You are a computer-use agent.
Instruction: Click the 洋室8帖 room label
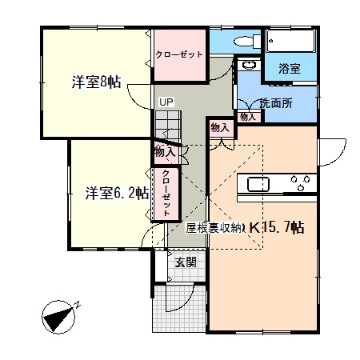point(96,82)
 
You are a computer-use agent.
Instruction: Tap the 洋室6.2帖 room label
point(117,193)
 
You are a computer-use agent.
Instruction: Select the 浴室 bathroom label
point(290,69)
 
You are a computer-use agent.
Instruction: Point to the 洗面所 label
point(276,103)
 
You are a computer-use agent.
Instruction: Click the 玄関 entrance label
point(186,262)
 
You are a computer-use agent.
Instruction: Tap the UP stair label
point(166,102)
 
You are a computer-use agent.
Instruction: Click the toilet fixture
point(247,41)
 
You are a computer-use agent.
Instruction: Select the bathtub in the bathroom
point(291,41)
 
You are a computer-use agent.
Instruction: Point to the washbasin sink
point(249,65)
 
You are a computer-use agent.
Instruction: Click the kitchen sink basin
point(258,184)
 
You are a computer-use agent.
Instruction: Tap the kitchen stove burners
point(301,182)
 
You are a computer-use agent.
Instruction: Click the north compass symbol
point(59,317)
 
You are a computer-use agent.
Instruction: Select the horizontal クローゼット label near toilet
point(179,54)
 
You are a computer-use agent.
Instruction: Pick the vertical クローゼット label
point(166,193)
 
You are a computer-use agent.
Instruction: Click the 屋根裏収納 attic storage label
point(214,228)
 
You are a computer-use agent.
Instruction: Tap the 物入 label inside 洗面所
point(248,117)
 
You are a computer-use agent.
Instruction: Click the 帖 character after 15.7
point(298,228)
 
